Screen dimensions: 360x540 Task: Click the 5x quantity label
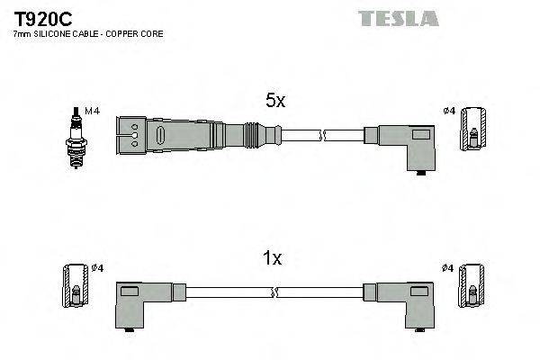(274, 102)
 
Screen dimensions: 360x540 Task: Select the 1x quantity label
(272, 259)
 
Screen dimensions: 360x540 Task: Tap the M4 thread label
(90, 111)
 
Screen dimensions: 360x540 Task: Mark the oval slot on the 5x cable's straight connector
(160, 136)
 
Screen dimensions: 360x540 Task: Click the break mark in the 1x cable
(274, 293)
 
